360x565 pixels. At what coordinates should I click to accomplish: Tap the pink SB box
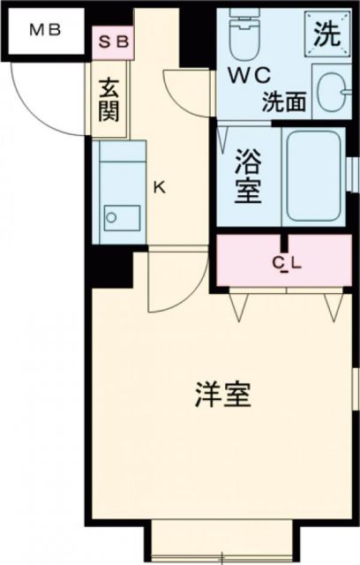click(x=113, y=41)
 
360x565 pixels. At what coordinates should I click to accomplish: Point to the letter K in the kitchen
click(x=159, y=186)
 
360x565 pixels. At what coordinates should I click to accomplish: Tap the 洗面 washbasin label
click(x=283, y=102)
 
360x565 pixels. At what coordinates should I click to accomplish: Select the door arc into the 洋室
click(x=169, y=282)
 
